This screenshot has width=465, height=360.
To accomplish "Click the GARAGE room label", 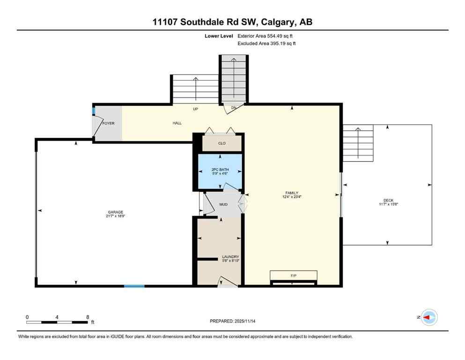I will click(x=114, y=212).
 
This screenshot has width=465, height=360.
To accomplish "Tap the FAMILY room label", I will click(x=292, y=193).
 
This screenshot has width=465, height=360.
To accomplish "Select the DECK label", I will click(x=388, y=200).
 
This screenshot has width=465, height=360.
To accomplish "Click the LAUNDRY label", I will click(x=230, y=257).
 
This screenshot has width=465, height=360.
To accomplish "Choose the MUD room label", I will click(x=223, y=204).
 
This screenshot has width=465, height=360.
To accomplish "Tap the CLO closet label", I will click(x=222, y=143).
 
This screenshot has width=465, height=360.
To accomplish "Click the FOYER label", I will click(x=109, y=123).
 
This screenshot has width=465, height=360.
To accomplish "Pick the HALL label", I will click(x=177, y=123).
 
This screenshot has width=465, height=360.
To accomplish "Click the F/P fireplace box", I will click(x=294, y=276).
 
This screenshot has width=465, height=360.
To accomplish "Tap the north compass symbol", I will click(x=428, y=317).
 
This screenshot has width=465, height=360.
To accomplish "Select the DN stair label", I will click(x=233, y=108).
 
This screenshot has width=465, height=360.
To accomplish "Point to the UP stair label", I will click(x=196, y=109).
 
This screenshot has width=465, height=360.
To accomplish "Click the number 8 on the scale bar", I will click(x=88, y=317).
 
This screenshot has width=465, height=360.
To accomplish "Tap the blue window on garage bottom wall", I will click(x=134, y=285).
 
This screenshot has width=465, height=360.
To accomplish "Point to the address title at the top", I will click(x=232, y=22).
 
